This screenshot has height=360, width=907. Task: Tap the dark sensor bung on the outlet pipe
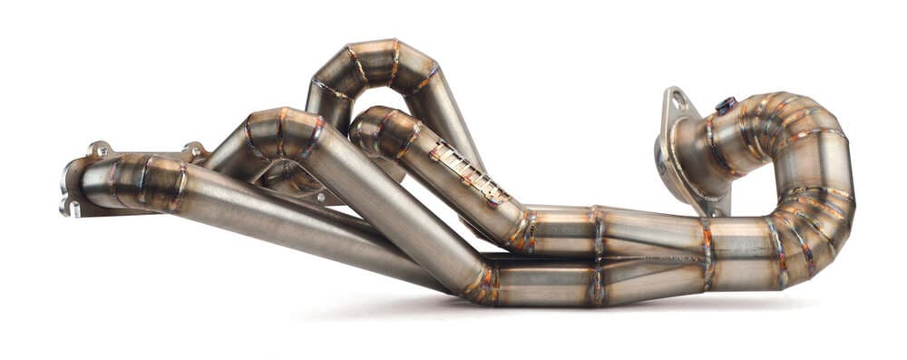point(726,106)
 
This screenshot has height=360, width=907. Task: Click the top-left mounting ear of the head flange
point(99,149)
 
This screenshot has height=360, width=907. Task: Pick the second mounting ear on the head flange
point(193,149)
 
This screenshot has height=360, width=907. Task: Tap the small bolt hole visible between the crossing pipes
point(320,196)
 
